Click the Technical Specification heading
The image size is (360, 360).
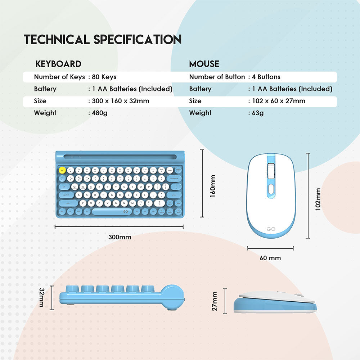[103, 40]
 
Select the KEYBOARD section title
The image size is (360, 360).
[58, 64]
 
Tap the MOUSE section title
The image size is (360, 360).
[204, 64]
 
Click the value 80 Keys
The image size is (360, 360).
[104, 77]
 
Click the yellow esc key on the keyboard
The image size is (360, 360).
[62, 170]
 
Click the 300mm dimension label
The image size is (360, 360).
[120, 237]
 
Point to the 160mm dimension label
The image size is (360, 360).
[212, 186]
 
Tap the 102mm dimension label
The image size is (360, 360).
[318, 199]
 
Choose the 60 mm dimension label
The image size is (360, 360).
[270, 258]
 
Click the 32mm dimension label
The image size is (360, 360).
[41, 298]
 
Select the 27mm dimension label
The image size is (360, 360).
[215, 301]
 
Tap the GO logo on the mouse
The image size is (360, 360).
[271, 229]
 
